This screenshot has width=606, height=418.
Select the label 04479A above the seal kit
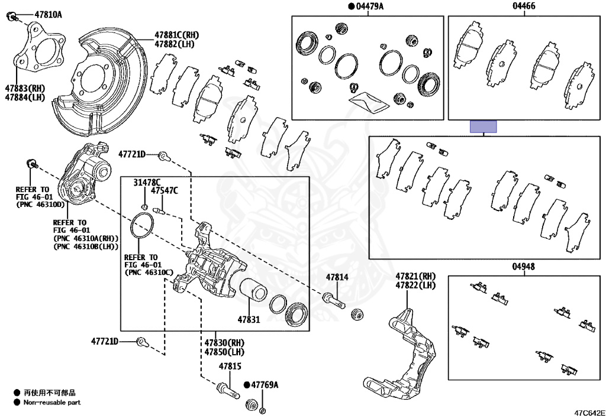click(x=369, y=7)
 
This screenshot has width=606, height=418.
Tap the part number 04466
click(x=523, y=7)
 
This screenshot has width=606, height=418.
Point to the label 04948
click(x=523, y=267)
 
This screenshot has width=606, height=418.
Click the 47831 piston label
click(x=249, y=319)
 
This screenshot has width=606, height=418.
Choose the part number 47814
click(x=337, y=277)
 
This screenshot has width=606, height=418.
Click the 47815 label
click(x=230, y=367)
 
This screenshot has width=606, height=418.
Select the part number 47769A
click(x=264, y=385)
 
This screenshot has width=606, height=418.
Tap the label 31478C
click(x=147, y=182)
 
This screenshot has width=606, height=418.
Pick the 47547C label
click(x=164, y=191)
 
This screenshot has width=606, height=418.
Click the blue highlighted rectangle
click(x=483, y=127)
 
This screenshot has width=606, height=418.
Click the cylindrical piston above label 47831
click(x=253, y=291)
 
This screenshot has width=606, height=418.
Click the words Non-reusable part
click(x=52, y=403)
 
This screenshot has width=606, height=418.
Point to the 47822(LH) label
click(x=415, y=286)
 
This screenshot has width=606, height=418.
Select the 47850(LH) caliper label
click(x=224, y=352)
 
